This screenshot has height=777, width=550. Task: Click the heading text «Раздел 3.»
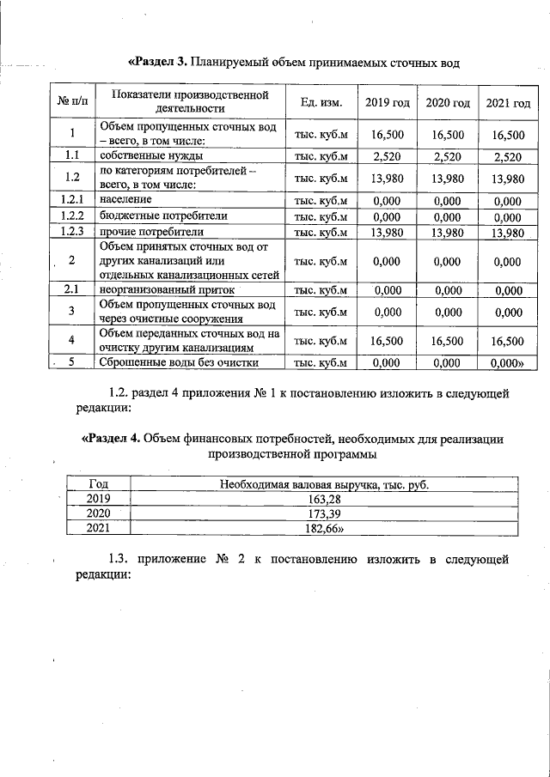[x=157, y=62]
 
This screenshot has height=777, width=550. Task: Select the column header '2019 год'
[x=388, y=103]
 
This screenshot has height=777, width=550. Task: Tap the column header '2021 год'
[x=508, y=103]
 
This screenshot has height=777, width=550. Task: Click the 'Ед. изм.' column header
[x=321, y=103]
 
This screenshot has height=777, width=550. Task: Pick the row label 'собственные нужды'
[x=151, y=156]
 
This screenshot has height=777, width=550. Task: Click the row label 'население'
[x=126, y=199]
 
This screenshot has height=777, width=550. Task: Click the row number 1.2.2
[x=72, y=215]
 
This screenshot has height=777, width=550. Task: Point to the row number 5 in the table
[x=72, y=362]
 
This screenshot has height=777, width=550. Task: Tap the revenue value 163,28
[x=324, y=497]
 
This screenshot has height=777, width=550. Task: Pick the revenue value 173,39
[x=324, y=513]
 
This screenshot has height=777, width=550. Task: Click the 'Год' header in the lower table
[x=97, y=483]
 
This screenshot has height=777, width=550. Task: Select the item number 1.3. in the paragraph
[x=122, y=560]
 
